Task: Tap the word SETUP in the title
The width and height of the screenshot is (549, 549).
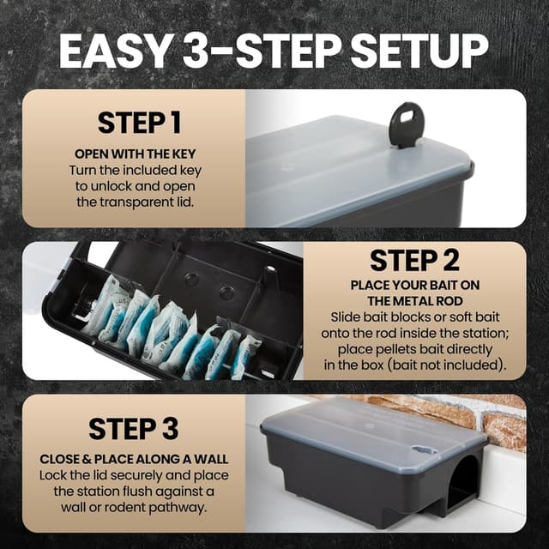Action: click(419, 51)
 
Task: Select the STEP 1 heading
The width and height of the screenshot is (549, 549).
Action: click(139, 123)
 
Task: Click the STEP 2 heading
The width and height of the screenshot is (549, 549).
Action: click(414, 261)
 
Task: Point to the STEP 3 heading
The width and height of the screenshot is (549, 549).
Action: click(134, 429)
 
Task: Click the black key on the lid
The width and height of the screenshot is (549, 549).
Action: click(407, 124)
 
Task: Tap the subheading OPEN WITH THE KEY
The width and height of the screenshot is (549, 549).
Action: click(136, 154)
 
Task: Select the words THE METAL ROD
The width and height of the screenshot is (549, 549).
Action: click(415, 301)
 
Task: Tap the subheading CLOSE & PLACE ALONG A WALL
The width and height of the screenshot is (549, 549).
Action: click(134, 460)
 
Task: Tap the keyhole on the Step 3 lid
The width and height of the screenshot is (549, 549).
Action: click(425, 449)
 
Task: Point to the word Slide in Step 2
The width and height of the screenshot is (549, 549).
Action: click(345, 317)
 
